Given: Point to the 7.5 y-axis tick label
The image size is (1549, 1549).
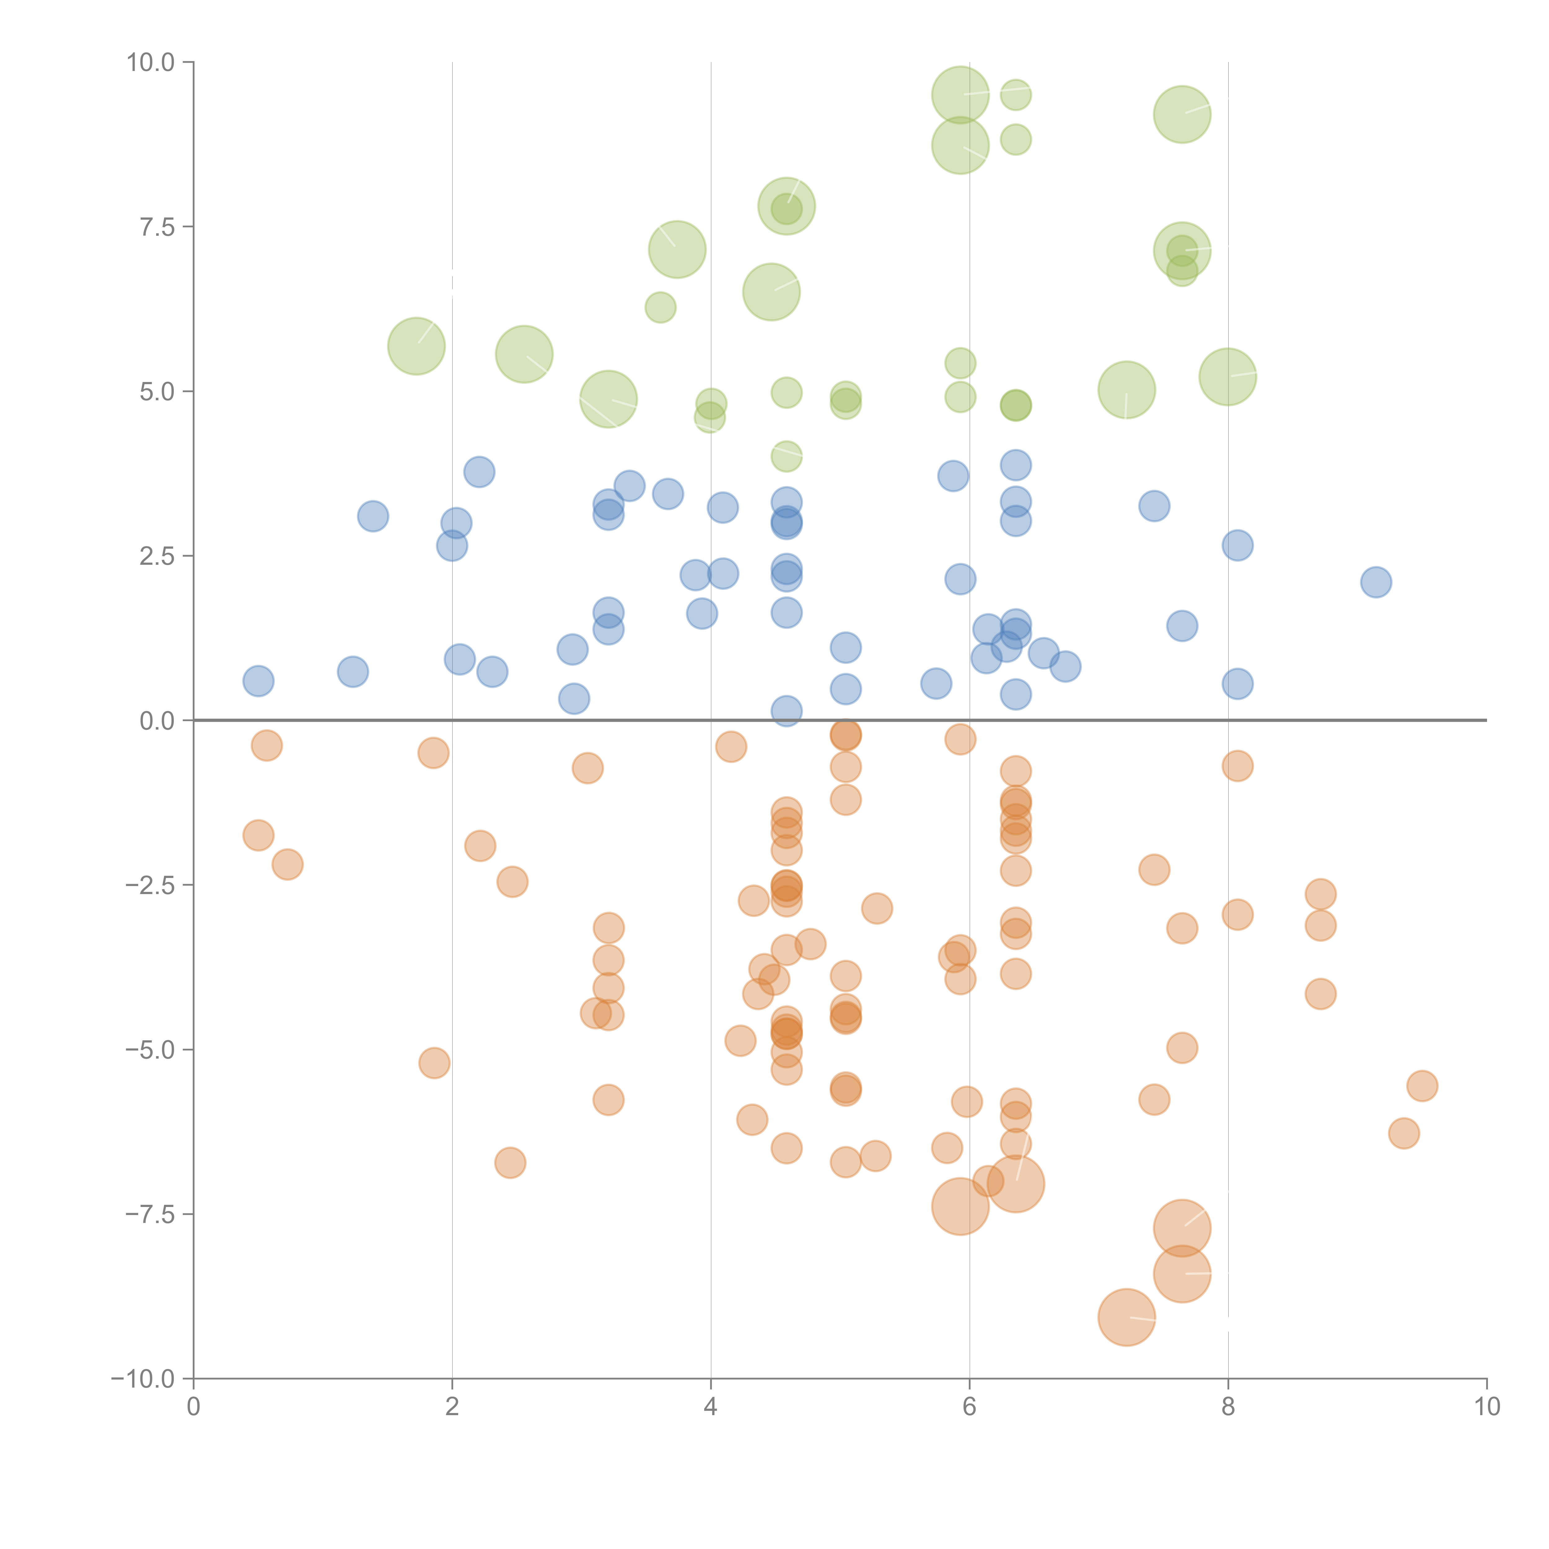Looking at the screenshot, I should [x=157, y=227].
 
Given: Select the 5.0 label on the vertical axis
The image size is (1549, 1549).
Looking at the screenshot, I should [x=157, y=391].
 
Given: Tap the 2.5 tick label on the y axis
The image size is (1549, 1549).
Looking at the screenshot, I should [x=157, y=555].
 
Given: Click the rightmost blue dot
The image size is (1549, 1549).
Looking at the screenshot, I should [x=1376, y=582].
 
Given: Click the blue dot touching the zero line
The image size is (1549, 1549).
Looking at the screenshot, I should [x=787, y=710].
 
